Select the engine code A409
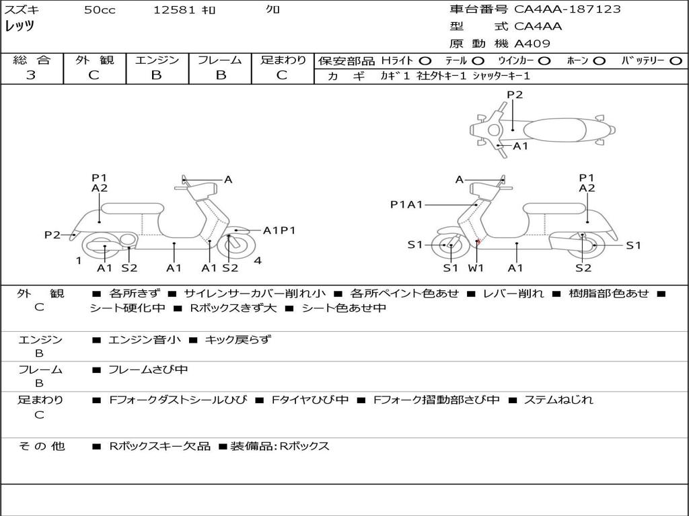(x=532, y=44)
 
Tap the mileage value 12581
(x=174, y=10)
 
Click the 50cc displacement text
(x=100, y=10)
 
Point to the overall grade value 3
(x=31, y=75)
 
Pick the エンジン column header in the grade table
(x=157, y=60)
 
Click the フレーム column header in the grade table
(x=220, y=60)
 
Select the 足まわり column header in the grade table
(x=283, y=60)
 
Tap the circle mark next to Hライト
(x=425, y=61)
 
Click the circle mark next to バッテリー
(x=676, y=61)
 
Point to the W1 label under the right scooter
(x=476, y=268)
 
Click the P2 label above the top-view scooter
(x=515, y=95)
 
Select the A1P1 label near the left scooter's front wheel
(x=279, y=230)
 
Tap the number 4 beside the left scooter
(x=258, y=261)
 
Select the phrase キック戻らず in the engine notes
(x=238, y=340)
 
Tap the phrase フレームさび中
(x=148, y=370)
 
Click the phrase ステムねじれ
(x=558, y=400)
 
